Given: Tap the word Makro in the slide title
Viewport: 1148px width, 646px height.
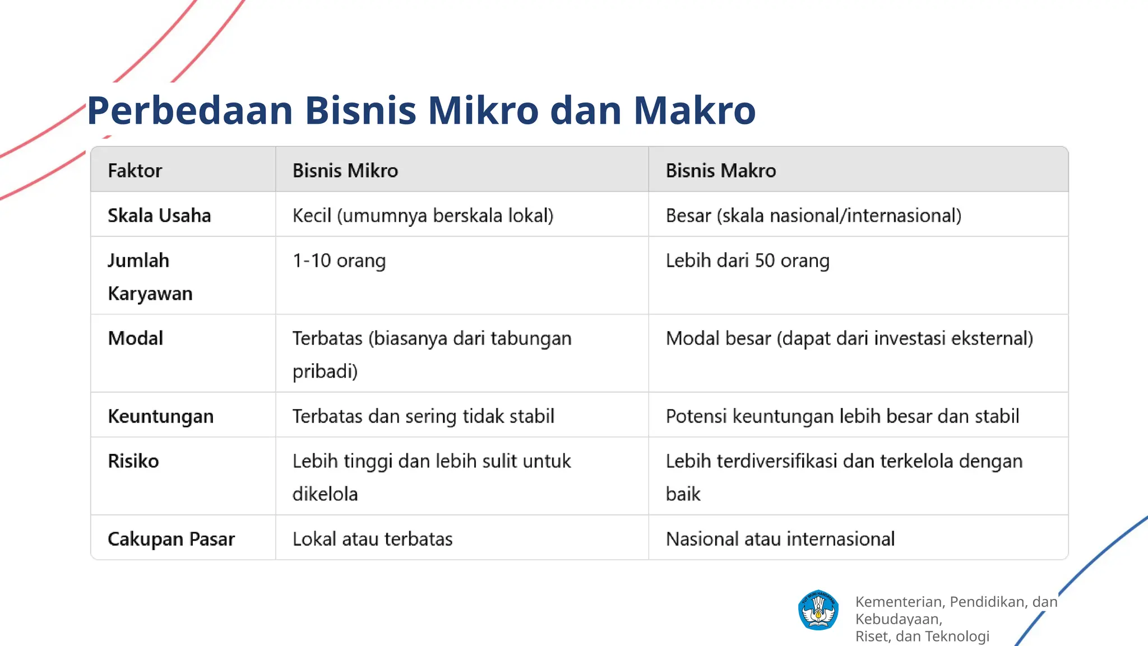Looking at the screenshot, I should tap(695, 110).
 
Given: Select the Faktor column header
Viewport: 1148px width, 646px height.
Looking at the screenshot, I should tap(135, 170).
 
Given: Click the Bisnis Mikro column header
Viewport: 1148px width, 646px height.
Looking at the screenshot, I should tap(345, 170).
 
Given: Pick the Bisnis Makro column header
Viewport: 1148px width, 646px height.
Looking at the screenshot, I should tap(720, 170).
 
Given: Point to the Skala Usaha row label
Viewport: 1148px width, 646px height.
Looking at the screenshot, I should tap(159, 216).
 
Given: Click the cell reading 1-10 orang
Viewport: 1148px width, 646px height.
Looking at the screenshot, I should tap(339, 261).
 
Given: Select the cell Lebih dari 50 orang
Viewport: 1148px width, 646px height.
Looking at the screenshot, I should tap(747, 261).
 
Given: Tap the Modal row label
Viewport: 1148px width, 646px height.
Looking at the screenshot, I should tap(135, 338).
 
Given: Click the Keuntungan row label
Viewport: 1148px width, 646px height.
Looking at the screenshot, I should tap(160, 416).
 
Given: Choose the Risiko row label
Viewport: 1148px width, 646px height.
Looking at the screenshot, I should tap(133, 461).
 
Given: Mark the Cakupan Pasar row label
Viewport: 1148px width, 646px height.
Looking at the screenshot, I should tap(171, 539).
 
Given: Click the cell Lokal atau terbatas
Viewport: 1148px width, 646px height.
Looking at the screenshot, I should tap(372, 539).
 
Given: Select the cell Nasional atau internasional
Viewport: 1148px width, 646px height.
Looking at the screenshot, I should tap(780, 539).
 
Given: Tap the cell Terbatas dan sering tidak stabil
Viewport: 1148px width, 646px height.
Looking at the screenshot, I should tap(423, 416).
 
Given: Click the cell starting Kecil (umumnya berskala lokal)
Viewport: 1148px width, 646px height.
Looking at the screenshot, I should tap(423, 216).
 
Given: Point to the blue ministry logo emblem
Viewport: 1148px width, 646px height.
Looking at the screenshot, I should tap(818, 610).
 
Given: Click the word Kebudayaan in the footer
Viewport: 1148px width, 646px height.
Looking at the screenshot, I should tap(898, 619).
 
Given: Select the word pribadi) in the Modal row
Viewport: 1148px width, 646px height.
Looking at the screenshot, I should tap(325, 371).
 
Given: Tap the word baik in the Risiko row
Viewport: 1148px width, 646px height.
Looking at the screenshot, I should tap(683, 494).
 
